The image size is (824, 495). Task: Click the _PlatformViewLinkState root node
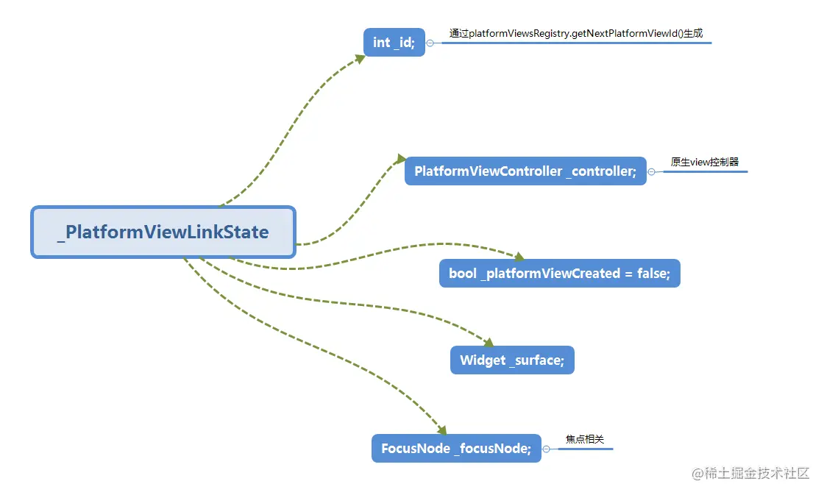(x=163, y=232)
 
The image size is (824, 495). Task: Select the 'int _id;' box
(x=394, y=42)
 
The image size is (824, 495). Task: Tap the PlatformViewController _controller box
(x=525, y=171)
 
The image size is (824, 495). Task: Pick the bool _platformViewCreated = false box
(x=560, y=274)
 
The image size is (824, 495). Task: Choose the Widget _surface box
(x=512, y=360)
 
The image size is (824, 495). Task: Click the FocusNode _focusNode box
(x=456, y=448)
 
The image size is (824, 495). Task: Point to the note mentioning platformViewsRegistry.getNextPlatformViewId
(x=576, y=34)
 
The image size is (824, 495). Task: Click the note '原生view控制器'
(x=705, y=162)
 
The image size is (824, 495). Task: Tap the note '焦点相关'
(x=585, y=439)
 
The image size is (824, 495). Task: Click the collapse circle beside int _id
(x=430, y=43)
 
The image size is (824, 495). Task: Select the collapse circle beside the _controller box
(x=652, y=172)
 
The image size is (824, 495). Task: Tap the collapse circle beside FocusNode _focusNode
(x=546, y=449)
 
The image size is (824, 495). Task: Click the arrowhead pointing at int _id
(x=360, y=58)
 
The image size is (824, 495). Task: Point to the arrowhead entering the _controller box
(x=402, y=159)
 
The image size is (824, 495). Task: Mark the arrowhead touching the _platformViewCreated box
(x=519, y=257)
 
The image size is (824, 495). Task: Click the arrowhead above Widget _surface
(x=489, y=343)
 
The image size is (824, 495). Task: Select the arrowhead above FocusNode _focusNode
(x=442, y=430)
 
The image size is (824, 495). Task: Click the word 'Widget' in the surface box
(x=483, y=360)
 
